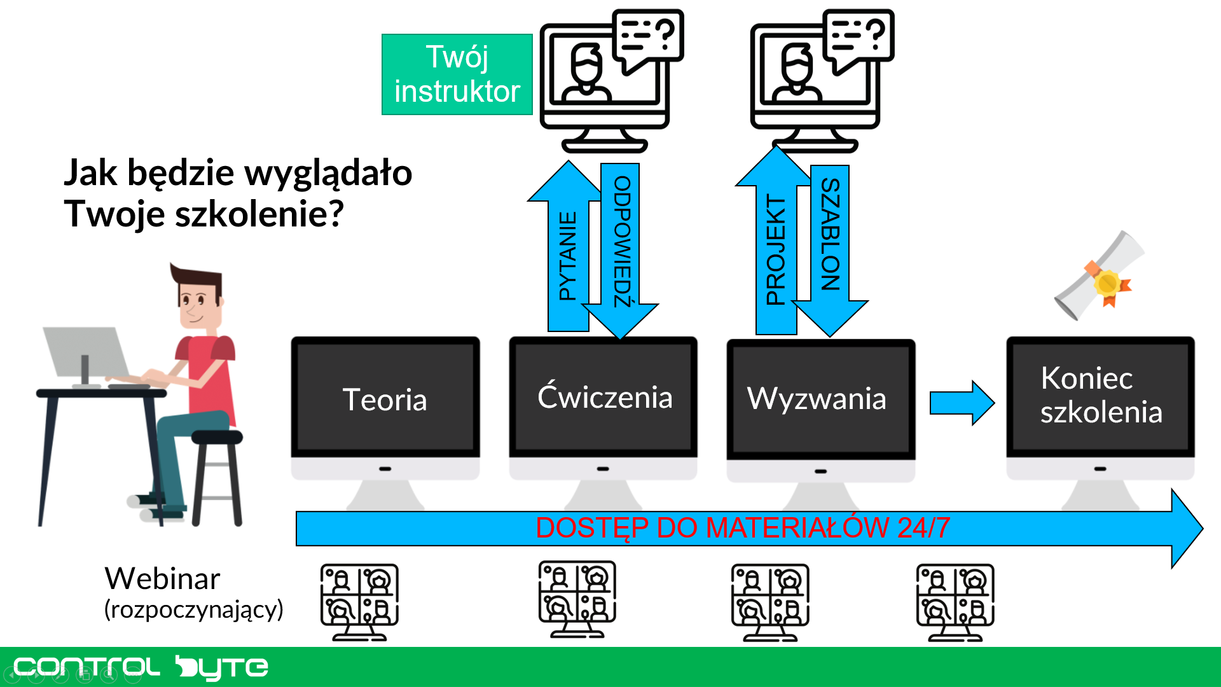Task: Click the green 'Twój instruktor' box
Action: point(457,74)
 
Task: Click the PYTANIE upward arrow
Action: point(567,254)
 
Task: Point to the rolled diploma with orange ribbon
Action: point(1100,277)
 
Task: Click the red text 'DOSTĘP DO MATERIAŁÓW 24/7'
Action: point(743,528)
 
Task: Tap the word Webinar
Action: point(163,579)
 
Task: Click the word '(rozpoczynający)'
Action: point(193,609)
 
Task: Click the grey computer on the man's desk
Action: point(86,353)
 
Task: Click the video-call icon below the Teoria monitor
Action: point(359,601)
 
